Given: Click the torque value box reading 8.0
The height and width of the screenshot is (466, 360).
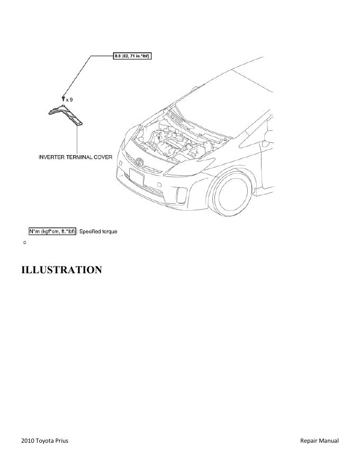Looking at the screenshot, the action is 132,56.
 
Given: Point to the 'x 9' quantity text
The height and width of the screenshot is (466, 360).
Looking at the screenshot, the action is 69,99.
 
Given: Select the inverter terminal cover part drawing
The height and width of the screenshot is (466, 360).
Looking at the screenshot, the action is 66,115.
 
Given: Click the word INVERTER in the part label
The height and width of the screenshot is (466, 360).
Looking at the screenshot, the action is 53,157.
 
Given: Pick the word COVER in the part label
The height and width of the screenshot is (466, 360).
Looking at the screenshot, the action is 104,157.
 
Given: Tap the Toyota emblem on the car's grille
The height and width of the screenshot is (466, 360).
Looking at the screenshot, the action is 140,162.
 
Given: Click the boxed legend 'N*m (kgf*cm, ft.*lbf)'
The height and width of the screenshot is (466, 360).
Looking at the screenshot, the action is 52,231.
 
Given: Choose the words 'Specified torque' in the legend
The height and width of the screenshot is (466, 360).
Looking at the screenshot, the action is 98,231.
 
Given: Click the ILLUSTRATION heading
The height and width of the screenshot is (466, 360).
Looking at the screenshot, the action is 61,270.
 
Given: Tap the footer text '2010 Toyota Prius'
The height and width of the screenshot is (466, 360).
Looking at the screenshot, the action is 44,441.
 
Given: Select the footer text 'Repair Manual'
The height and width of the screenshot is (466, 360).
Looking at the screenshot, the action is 319,441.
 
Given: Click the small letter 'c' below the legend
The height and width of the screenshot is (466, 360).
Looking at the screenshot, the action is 24,242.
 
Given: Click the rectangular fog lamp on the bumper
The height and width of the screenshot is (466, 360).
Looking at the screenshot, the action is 181,195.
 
